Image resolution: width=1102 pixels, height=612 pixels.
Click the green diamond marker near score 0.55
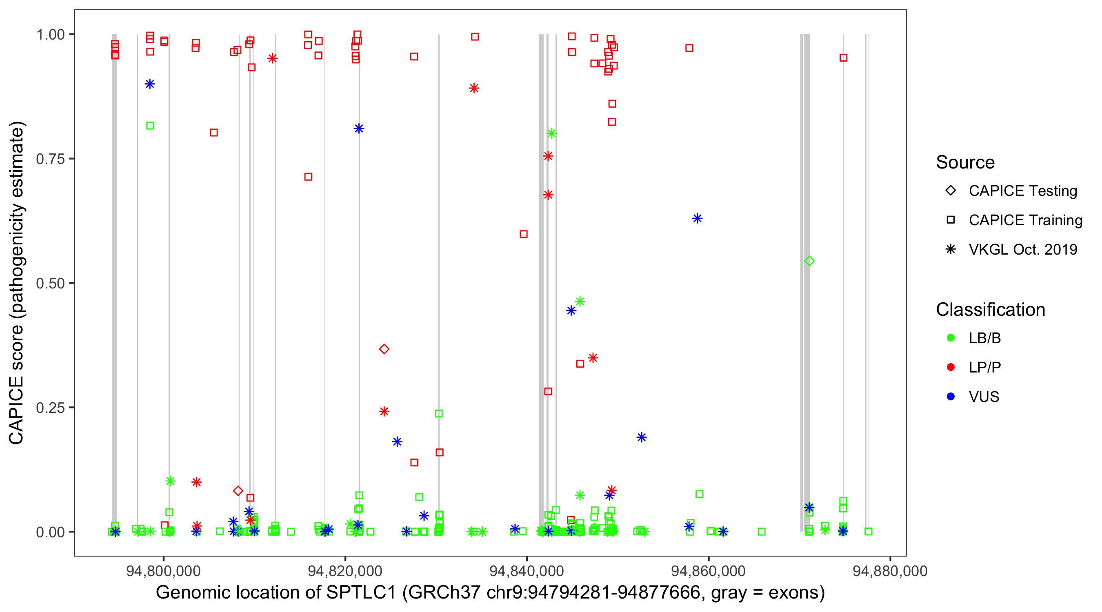pos(809,261)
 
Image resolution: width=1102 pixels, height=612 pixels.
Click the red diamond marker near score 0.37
pos(384,349)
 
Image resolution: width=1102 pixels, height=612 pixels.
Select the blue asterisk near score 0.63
pos(697,219)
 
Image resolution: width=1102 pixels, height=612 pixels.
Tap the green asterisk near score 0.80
pos(551,133)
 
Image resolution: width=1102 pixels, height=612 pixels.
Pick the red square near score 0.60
pos(524,234)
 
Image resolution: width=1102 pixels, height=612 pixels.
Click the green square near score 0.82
pos(150,126)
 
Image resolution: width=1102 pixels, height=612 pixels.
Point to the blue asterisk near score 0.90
pos(150,84)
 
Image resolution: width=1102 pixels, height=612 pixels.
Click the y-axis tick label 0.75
pos(50,159)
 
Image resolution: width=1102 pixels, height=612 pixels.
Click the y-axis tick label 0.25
pos(50,408)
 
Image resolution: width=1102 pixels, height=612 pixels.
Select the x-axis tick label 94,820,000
pos(345,571)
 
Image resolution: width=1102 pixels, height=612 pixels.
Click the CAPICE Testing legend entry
pos(1022,191)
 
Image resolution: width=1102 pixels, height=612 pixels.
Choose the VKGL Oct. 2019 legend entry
pos(1022,249)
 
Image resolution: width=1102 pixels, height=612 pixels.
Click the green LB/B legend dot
pos(951,338)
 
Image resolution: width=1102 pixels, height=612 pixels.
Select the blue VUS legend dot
pos(951,397)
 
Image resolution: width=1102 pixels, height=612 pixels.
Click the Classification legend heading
pos(990,310)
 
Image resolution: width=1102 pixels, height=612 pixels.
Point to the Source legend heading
pos(965,162)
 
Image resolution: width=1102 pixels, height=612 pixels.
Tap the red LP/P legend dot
pos(951,367)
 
